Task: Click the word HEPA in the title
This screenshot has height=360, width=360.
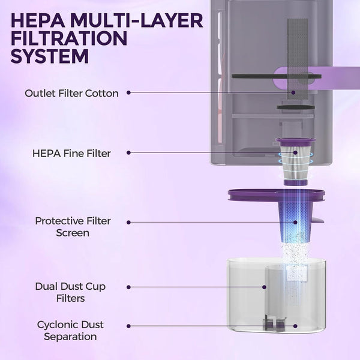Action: click(x=38, y=20)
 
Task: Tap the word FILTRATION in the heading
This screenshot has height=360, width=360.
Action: click(x=69, y=38)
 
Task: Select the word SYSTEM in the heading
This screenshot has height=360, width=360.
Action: click(x=50, y=56)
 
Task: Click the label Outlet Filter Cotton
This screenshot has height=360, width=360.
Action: click(x=71, y=93)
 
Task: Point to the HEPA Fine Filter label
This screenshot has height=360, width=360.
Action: click(x=71, y=154)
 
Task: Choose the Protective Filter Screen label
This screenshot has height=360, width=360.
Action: click(x=73, y=227)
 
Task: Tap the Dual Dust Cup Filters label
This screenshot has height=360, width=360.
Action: click(x=70, y=292)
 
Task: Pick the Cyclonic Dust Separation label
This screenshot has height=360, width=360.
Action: click(x=70, y=331)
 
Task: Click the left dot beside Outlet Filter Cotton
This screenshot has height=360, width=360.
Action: click(x=128, y=92)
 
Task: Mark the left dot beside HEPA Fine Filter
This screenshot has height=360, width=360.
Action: click(x=128, y=152)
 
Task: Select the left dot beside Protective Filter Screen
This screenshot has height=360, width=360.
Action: click(x=128, y=222)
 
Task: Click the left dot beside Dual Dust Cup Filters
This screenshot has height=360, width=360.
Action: click(x=128, y=287)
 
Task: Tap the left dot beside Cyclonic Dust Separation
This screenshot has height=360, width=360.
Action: click(x=128, y=326)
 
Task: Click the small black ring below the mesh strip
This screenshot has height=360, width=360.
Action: click(x=295, y=107)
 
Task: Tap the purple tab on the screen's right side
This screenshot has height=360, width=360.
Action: click(x=317, y=220)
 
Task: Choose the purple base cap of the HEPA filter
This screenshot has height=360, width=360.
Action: click(x=295, y=183)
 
